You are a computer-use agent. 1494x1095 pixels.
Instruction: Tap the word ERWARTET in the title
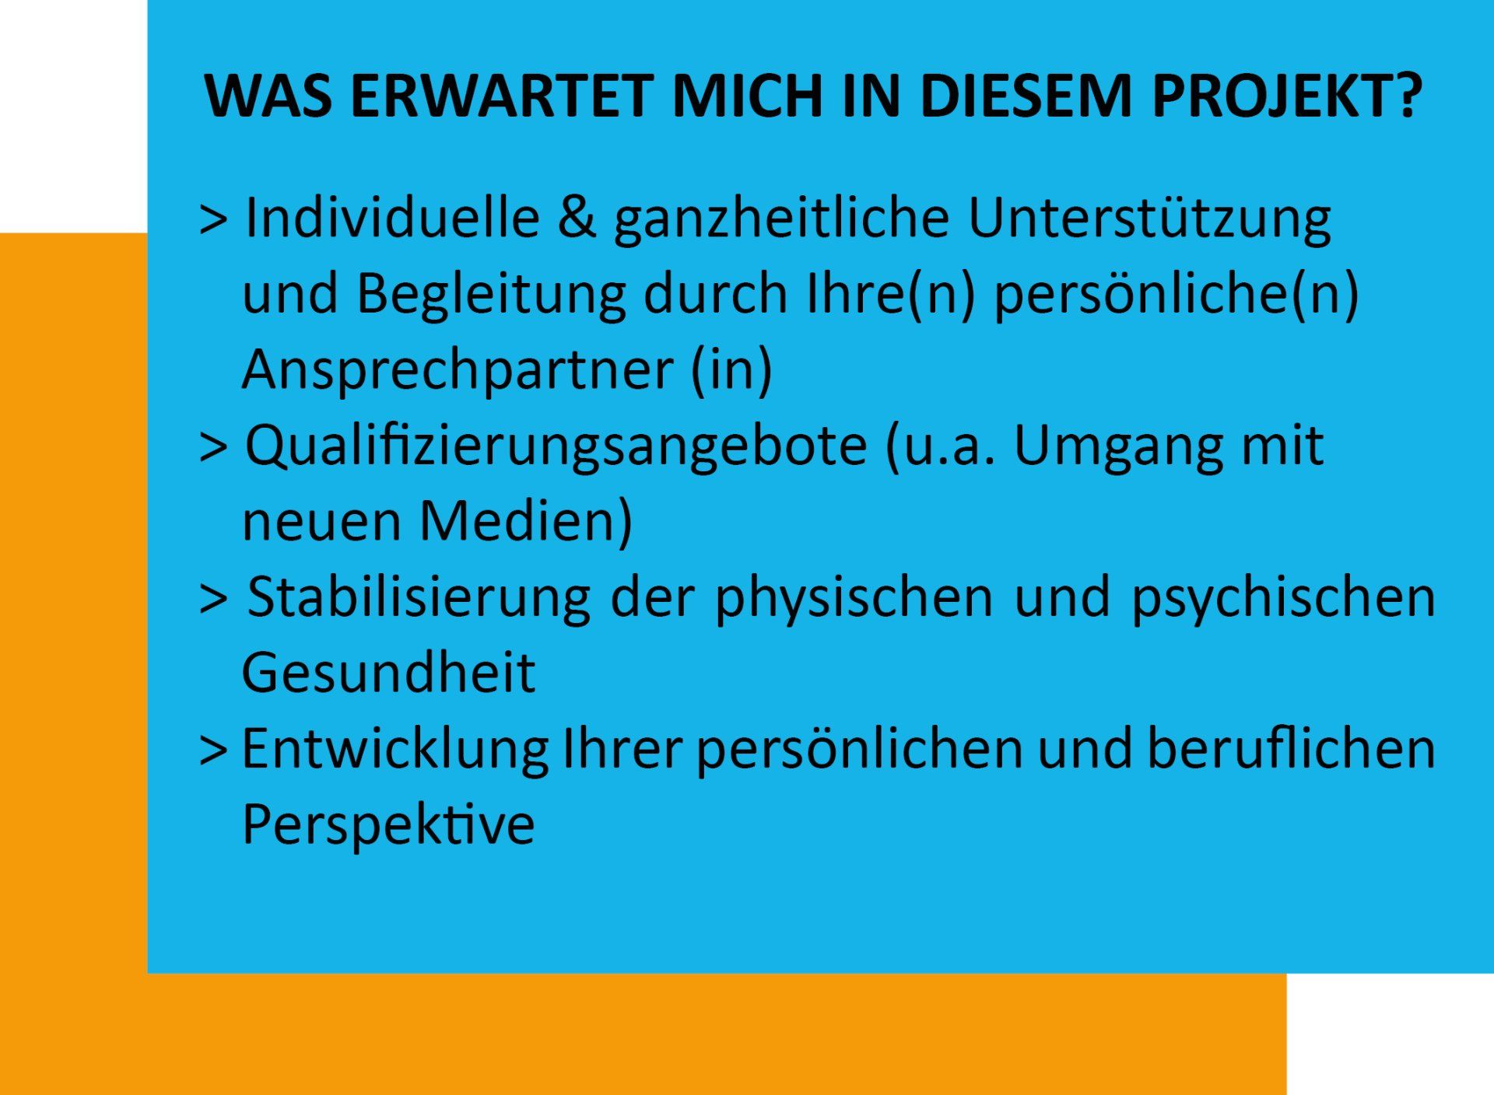(x=502, y=96)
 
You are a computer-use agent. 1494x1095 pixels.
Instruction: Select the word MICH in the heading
(x=747, y=96)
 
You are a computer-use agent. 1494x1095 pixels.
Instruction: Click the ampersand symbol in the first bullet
(x=577, y=218)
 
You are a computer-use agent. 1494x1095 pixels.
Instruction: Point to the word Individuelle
(x=392, y=217)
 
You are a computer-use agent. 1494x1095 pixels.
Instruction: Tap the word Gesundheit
(x=388, y=673)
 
